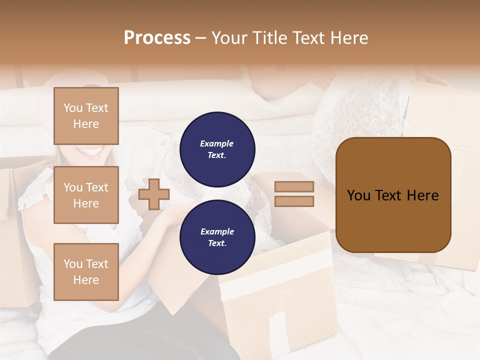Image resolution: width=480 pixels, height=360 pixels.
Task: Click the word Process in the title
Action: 157,38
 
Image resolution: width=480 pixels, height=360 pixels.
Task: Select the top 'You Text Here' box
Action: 86,116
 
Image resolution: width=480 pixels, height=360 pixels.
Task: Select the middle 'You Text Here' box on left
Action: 86,195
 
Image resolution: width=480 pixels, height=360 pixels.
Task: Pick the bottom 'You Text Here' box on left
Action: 86,271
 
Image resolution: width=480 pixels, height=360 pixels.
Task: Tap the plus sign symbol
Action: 154,194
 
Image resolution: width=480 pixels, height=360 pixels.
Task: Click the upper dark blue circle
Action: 217,149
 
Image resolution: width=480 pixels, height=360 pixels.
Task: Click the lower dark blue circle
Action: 217,237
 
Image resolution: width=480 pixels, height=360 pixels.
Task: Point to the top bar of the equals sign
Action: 294,187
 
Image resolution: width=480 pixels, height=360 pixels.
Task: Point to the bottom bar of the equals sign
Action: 294,201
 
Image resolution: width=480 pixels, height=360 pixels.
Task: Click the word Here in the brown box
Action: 422,195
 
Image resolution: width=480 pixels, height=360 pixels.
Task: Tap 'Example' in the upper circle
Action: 217,143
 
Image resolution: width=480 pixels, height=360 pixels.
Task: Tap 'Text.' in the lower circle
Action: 217,243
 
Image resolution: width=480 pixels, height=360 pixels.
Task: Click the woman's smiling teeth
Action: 90,150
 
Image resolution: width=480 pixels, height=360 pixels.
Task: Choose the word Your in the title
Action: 230,38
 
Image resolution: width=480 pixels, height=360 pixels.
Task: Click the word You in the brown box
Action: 359,195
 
